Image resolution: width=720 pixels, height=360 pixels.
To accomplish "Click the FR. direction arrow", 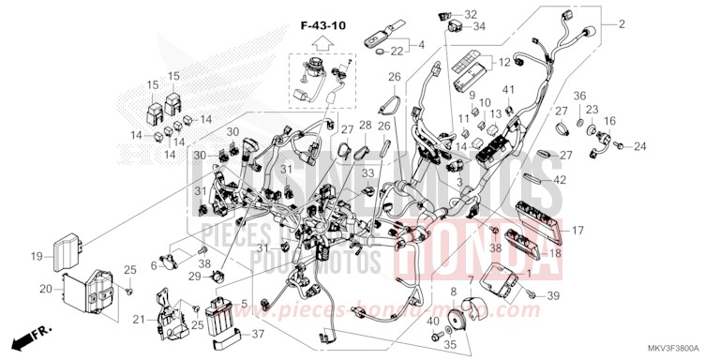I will [x=31, y=335].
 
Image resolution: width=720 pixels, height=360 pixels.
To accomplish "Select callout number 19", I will [x=36, y=256].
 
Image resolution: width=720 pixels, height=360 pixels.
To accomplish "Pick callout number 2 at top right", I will [x=621, y=22].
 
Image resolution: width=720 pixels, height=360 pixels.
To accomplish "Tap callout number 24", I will [x=640, y=146].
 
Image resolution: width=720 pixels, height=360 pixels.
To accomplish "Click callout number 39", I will [x=554, y=296].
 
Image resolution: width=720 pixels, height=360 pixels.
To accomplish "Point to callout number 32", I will [x=471, y=14].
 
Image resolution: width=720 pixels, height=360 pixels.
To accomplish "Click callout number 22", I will [x=397, y=51].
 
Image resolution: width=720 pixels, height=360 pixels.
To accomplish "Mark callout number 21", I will [x=139, y=320].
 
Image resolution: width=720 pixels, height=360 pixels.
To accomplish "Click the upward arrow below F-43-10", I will [x=321, y=42].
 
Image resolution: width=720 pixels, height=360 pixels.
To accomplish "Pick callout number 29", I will [x=194, y=277].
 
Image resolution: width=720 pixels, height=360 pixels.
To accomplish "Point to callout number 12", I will [x=502, y=63].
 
